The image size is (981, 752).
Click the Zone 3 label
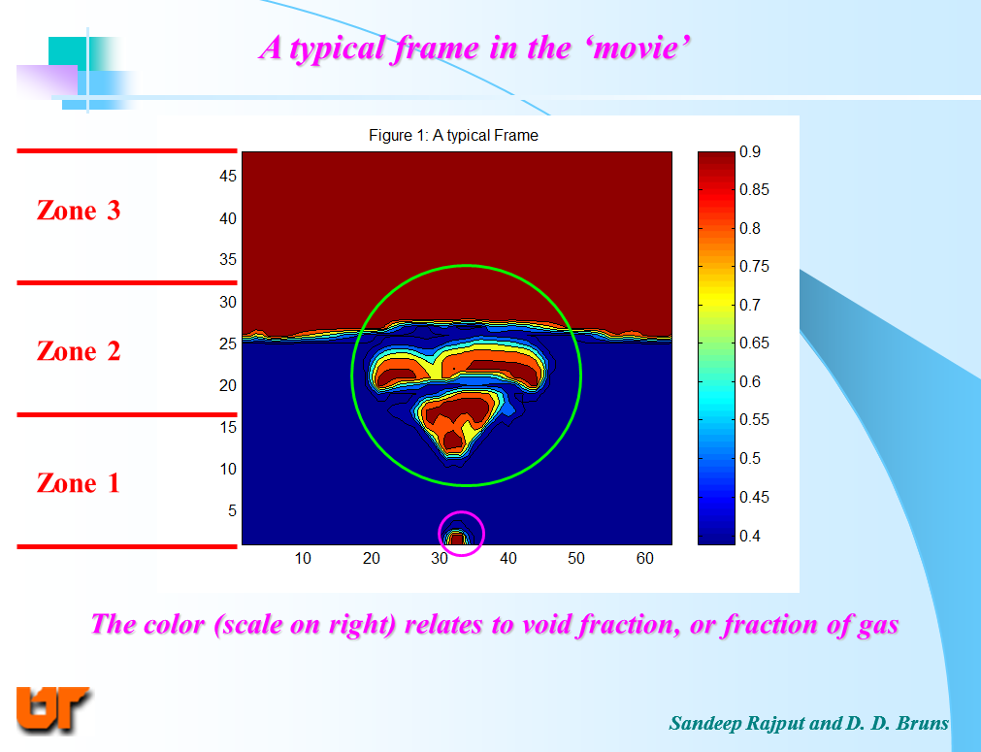79,211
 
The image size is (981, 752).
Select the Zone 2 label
79,351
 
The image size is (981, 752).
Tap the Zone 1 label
79,483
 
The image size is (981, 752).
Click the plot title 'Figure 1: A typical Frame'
453,136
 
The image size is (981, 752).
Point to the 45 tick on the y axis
228,176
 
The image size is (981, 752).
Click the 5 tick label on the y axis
232,511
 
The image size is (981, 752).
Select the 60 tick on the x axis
644,558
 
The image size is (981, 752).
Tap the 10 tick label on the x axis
303,558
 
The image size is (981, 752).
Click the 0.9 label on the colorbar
749,152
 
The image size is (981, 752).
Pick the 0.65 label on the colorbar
754,343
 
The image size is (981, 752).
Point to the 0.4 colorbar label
749,537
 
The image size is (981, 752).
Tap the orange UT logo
53,709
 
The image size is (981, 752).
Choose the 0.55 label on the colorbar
754,420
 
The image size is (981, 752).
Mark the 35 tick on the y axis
228,259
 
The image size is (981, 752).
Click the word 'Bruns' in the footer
922,723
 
